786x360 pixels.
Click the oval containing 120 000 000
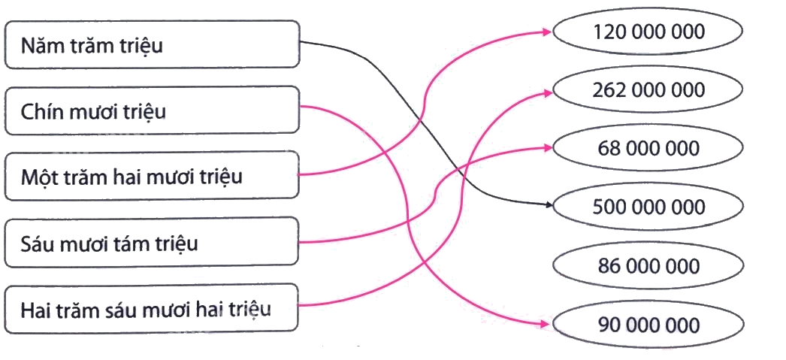coord(648,32)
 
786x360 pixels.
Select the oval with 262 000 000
coord(648,90)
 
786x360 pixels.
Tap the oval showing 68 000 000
coord(648,148)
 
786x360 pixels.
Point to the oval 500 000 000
coord(648,206)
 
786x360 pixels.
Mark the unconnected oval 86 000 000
coord(648,265)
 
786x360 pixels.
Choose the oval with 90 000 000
coord(648,325)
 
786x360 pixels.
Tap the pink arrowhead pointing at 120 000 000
coord(547,32)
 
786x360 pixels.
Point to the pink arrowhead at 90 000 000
coord(547,325)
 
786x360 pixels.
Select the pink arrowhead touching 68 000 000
coord(547,147)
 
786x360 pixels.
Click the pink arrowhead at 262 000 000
coord(547,90)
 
